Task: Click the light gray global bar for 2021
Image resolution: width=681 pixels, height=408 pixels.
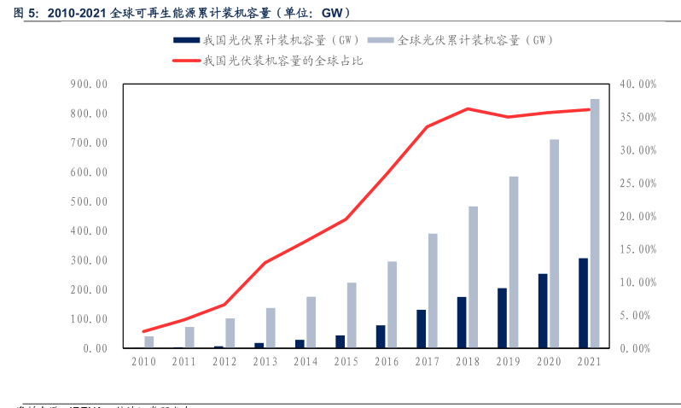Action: [595, 224]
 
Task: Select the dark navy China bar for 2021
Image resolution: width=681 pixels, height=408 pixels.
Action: [583, 303]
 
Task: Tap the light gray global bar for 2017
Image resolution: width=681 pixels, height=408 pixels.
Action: [433, 290]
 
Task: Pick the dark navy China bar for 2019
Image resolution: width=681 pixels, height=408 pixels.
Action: [502, 318]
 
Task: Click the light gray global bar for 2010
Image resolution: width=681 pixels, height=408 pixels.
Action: [149, 341]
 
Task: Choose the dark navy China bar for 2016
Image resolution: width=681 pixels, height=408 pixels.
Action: [381, 336]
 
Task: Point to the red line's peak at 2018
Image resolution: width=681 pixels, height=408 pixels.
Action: [468, 108]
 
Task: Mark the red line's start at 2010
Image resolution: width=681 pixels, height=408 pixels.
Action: [143, 331]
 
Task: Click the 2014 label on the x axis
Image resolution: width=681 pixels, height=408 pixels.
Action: [306, 362]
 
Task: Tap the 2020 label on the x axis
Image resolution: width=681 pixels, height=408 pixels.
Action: [549, 362]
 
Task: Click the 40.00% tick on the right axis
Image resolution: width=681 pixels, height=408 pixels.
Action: [637, 85]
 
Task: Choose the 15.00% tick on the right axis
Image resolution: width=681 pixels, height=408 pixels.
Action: [637, 249]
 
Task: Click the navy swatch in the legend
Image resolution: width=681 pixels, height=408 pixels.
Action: [186, 40]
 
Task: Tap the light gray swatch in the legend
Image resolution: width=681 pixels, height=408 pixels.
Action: [381, 40]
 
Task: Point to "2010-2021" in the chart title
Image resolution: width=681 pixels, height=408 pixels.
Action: [76, 14]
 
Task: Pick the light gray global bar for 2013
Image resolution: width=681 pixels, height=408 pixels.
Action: [271, 328]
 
